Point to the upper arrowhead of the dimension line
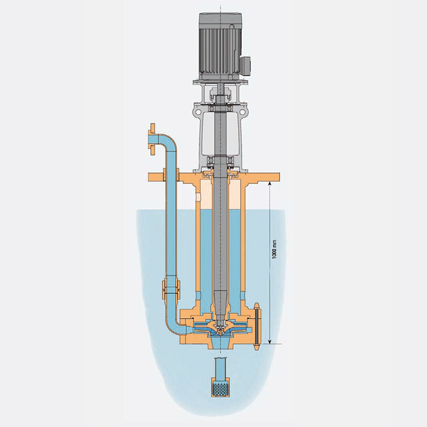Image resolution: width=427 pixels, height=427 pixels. point(270,185)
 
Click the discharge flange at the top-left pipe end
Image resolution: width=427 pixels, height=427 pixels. point(152,139)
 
